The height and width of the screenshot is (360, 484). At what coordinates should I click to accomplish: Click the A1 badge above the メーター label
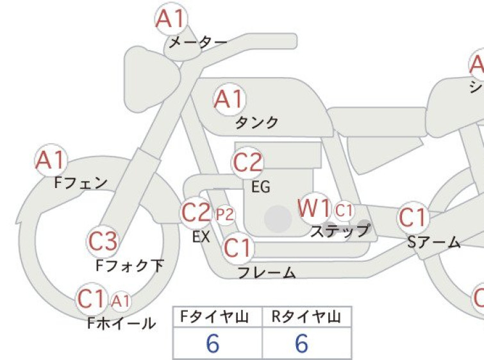pos(171,19)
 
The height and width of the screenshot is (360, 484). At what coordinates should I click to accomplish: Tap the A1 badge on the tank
pos(229,99)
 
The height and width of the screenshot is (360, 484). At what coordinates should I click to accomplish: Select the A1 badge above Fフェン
pos(51,160)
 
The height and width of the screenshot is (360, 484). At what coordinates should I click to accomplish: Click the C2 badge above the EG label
pos(247,163)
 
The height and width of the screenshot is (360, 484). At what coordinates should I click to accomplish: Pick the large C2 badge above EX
pos(196,212)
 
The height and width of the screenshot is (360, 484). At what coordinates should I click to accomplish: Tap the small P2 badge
pos(225,214)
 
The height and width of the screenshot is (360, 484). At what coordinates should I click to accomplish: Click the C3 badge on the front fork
pos(103,241)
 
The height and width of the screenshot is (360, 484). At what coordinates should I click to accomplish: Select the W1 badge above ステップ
pos(314,209)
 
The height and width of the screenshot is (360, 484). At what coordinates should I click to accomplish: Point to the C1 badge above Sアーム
pos(413,218)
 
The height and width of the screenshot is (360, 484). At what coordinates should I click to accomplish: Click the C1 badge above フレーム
pos(237,248)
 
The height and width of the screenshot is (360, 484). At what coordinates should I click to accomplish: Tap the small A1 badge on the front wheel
pos(121,301)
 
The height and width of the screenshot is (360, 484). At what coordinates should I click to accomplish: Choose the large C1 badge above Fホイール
pos(92,299)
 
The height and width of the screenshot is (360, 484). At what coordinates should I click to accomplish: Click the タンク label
pos(257,123)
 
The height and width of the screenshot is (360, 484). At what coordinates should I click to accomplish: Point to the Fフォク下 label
pos(129,266)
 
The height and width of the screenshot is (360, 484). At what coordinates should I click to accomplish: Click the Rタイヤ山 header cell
pos(307,317)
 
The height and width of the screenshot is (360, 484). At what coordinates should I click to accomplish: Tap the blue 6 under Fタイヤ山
pos(213,343)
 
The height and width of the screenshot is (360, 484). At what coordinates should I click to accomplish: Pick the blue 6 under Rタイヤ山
pos(301,343)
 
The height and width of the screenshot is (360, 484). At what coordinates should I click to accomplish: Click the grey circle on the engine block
pos(278,219)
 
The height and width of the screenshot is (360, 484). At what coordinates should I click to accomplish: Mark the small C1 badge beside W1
pos(344,211)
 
